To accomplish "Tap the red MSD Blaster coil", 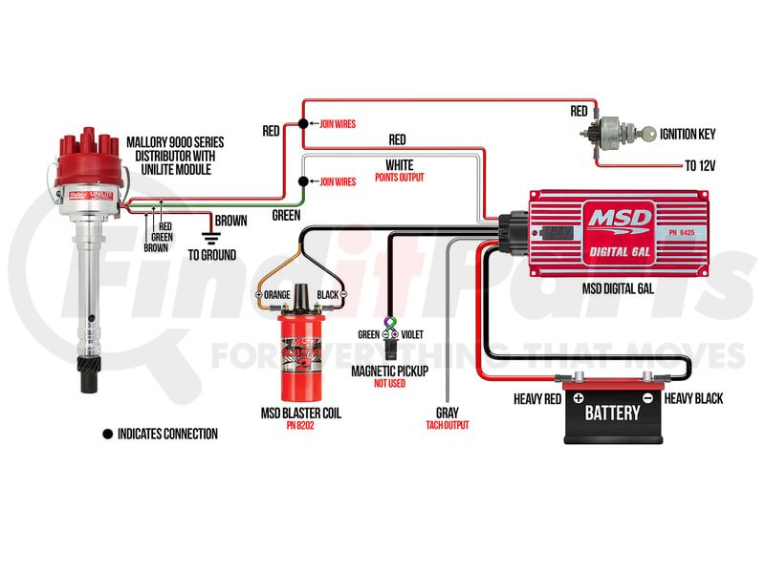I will (300, 348).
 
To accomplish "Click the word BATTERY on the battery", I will (612, 414).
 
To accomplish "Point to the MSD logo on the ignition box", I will (619, 218).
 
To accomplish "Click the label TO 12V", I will (699, 165).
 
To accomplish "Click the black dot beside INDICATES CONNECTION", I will (106, 434).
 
